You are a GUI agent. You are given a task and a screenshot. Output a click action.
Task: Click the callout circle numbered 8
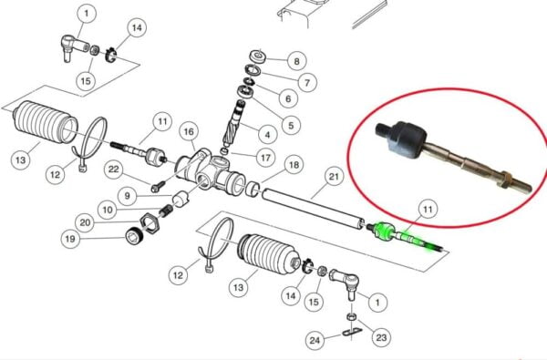click(x=297, y=61)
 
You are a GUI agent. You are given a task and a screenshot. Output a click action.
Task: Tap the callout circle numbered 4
click(x=267, y=135)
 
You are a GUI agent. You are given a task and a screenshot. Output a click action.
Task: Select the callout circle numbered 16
click(x=189, y=131)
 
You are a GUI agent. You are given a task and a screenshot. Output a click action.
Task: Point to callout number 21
click(x=334, y=177)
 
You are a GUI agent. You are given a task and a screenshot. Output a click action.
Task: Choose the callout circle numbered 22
click(x=114, y=170)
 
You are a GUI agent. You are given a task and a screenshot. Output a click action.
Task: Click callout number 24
click(x=315, y=340)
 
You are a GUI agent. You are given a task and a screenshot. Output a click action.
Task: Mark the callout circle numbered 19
click(x=70, y=239)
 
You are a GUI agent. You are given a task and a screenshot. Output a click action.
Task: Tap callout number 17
click(x=265, y=158)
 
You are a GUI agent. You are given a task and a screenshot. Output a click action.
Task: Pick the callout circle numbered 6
click(x=288, y=98)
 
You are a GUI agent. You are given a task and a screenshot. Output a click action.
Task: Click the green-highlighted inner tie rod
click(x=405, y=237)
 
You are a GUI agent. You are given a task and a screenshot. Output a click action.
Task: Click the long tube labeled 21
click(x=314, y=209)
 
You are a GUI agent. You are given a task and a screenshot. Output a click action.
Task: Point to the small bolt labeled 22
click(x=158, y=186)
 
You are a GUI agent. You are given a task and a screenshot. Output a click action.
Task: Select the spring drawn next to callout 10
click(x=167, y=211)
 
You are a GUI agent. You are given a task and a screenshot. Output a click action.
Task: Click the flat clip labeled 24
click(x=352, y=332)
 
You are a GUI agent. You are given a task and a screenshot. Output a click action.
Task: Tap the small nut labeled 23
click(x=352, y=317)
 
